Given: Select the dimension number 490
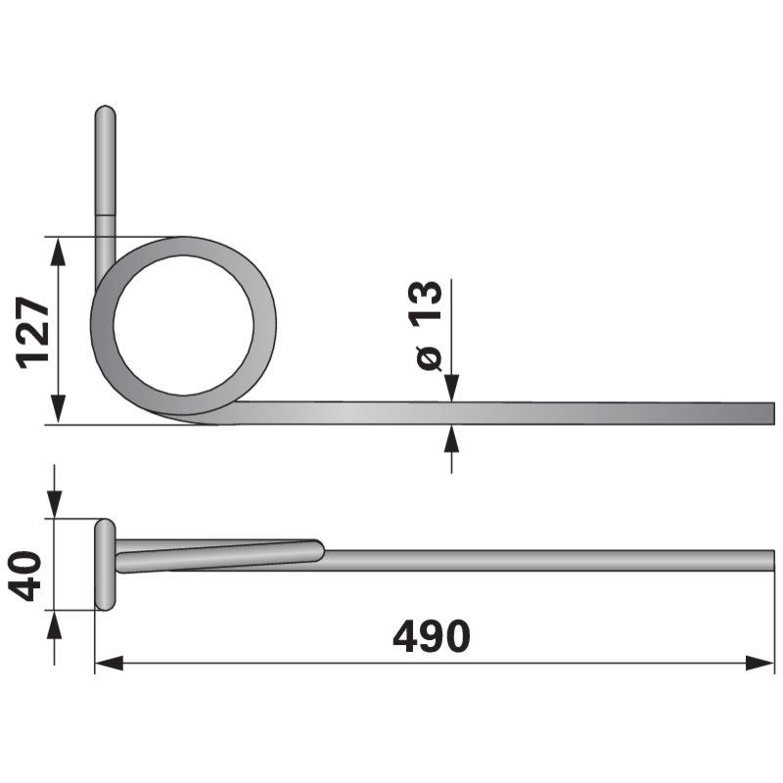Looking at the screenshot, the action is coord(432,636).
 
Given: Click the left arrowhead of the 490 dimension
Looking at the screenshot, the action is coord(109,664).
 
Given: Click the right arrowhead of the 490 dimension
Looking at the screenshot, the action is coord(760,664).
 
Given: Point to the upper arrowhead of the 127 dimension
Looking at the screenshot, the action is coord(59,252).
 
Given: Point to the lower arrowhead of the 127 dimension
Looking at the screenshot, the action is coord(59,409).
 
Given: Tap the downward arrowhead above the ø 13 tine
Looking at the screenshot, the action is coord(452,389).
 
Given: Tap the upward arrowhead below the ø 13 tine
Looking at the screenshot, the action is coord(452,438).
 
